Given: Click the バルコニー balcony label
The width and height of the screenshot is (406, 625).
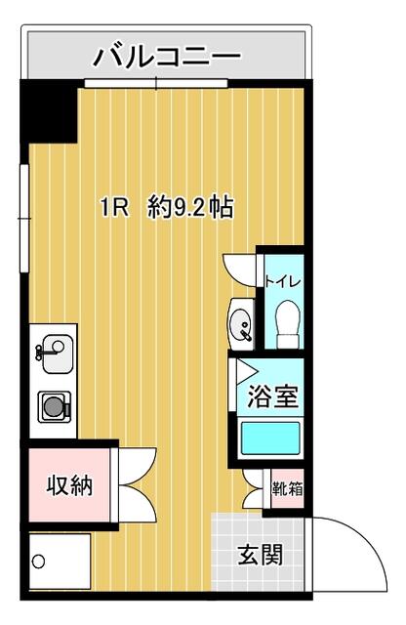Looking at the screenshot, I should click(x=166, y=58).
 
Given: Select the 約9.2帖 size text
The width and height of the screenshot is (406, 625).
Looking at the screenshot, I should click(x=189, y=207).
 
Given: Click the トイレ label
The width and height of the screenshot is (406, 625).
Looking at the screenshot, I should click(x=283, y=282).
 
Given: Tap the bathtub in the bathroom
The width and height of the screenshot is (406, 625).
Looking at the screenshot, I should click(x=268, y=437).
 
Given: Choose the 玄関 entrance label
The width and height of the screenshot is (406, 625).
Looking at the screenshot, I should click(x=261, y=556).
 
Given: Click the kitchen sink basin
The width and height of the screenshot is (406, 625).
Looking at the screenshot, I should click(x=55, y=354).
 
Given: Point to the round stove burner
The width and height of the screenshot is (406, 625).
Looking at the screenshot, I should click(x=52, y=403).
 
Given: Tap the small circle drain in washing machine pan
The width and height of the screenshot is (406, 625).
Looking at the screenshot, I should click(x=39, y=562).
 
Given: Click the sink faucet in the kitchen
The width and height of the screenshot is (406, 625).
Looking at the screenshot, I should click(x=40, y=348).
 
